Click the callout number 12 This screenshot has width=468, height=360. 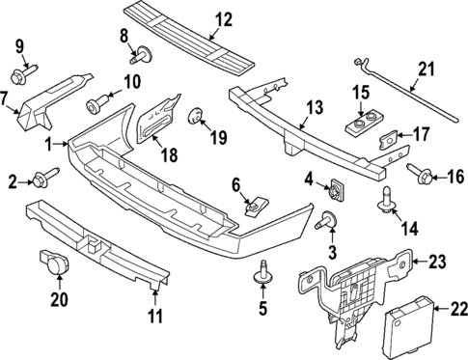224,18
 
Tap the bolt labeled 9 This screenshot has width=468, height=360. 20,73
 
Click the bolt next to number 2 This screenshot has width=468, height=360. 42,178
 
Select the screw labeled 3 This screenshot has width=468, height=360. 325,222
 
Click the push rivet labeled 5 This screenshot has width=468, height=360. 261,277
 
